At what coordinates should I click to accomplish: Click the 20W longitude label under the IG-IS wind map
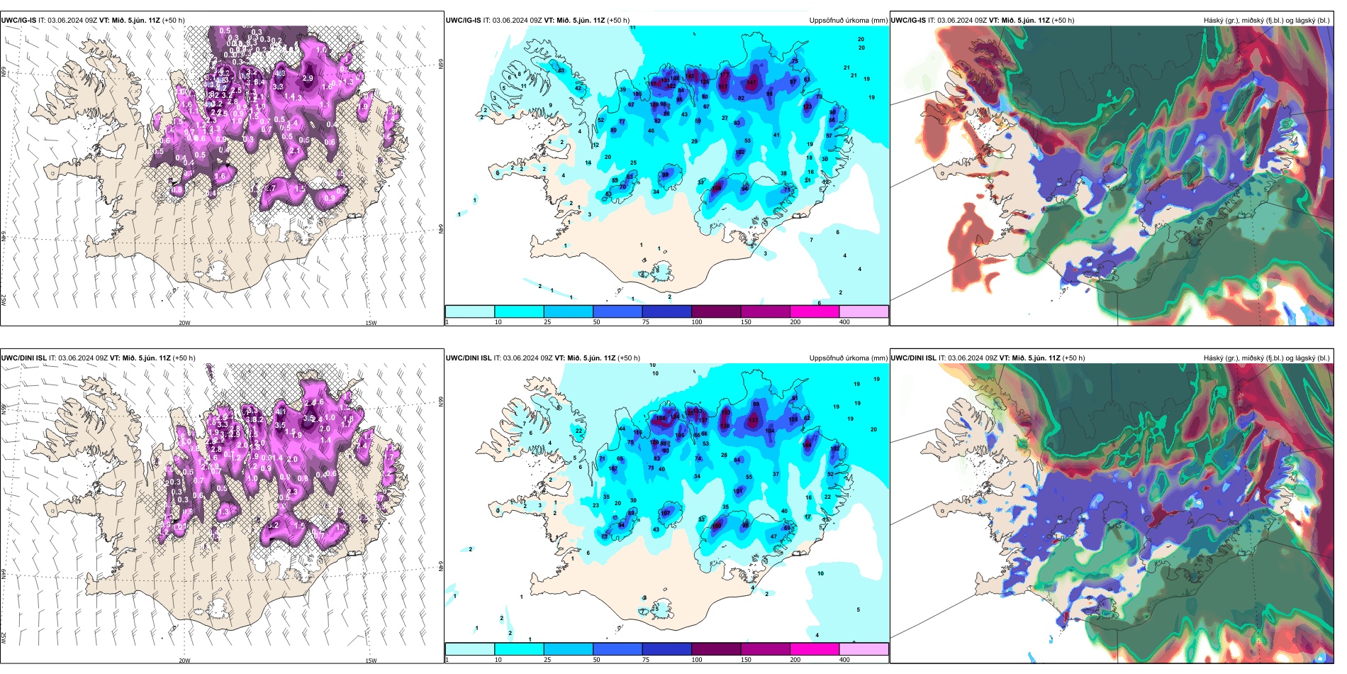(184, 323)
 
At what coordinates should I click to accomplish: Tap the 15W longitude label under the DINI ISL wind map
(371, 661)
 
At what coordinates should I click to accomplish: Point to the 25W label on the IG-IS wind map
(4, 300)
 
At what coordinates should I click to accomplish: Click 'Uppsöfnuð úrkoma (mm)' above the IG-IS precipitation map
(848, 21)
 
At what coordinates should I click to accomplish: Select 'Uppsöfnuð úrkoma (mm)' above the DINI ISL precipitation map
(848, 358)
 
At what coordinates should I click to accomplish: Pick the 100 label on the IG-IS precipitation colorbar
(697, 322)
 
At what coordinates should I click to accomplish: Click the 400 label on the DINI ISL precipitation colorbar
(844, 660)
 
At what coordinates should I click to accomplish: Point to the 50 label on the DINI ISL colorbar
(596, 660)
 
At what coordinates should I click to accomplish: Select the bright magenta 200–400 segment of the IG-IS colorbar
(815, 311)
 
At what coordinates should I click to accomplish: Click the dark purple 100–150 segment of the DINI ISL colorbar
(716, 649)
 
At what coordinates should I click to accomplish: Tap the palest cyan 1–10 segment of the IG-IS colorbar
(470, 311)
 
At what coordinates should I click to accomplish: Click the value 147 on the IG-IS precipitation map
(751, 83)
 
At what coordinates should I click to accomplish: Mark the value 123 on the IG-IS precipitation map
(807, 107)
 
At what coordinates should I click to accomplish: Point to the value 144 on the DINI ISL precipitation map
(807, 445)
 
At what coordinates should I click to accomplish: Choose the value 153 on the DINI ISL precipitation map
(725, 412)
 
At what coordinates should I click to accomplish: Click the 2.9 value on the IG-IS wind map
(308, 78)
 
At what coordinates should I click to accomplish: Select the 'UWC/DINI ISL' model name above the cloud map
(913, 358)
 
